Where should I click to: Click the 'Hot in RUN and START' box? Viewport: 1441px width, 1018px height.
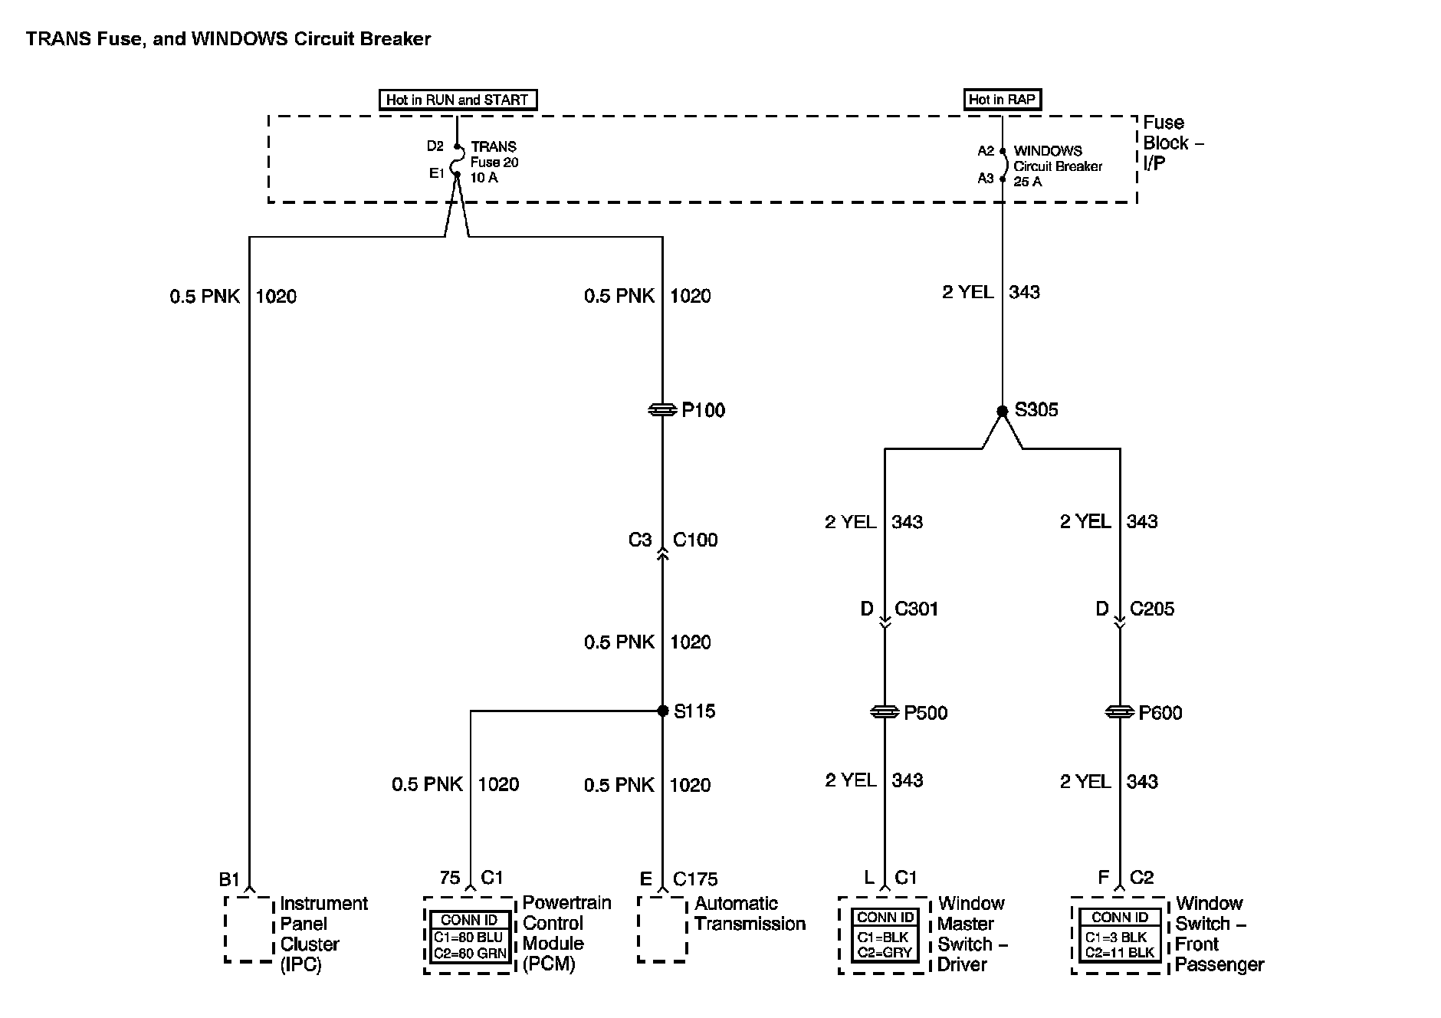458,100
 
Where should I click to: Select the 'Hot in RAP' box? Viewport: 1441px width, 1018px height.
1002,99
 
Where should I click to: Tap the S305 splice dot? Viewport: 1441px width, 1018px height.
1002,412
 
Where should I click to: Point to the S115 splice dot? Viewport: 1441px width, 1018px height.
663,711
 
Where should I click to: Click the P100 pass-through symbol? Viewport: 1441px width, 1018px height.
662,411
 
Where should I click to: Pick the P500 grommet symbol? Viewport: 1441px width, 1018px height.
885,712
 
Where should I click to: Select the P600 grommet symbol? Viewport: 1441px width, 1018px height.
1120,712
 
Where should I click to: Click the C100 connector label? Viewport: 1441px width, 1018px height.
695,540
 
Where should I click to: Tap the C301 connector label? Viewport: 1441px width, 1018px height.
916,609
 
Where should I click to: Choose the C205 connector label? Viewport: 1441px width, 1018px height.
1152,609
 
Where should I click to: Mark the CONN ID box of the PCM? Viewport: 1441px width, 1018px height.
469,937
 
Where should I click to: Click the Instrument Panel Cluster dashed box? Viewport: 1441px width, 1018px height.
249,929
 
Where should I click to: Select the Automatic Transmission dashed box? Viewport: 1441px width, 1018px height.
662,929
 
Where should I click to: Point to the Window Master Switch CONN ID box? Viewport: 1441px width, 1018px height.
885,935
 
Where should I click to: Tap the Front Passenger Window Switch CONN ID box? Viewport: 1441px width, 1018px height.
1120,935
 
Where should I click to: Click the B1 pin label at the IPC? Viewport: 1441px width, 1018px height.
229,879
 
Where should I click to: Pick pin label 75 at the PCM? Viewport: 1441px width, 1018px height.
450,877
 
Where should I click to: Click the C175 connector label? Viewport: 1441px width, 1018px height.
695,878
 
